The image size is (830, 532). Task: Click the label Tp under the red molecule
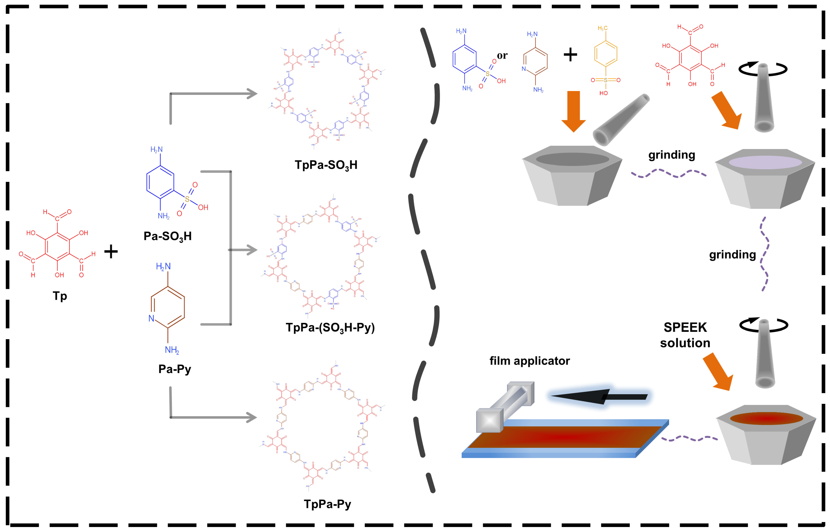60,296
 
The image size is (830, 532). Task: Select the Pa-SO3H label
167,236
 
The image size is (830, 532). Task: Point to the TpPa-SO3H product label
326,165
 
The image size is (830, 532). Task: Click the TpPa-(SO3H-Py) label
330,328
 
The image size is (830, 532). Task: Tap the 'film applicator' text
529,361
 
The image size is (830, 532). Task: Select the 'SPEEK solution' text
685,335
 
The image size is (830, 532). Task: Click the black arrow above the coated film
598,397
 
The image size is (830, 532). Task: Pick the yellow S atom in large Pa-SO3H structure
187,199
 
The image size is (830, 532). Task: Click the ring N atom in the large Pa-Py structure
151,318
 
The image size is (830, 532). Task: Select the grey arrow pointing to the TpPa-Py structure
214,417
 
